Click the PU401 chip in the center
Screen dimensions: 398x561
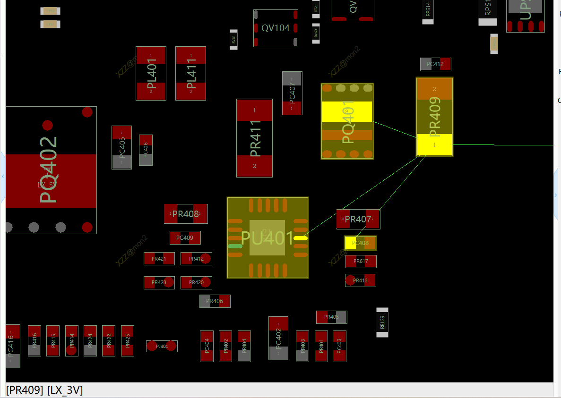268,237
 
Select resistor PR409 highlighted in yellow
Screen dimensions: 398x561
434,117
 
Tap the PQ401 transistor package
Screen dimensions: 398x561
347,121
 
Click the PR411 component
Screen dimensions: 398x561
254,138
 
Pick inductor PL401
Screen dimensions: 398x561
151,73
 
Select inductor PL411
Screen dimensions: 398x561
190,73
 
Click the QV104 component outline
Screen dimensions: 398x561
276,28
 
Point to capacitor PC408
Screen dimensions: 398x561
360,243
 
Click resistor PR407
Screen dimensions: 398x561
358,219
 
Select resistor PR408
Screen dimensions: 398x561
185,214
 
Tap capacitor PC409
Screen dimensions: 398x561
185,238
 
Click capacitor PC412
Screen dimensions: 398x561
435,64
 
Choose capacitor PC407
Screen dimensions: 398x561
292,93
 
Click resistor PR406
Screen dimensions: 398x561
215,301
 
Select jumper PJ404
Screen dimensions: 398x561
162,346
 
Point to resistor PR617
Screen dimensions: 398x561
361,262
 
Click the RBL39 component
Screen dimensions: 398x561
382,322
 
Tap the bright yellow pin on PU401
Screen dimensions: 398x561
300,238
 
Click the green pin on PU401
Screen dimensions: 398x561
235,246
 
